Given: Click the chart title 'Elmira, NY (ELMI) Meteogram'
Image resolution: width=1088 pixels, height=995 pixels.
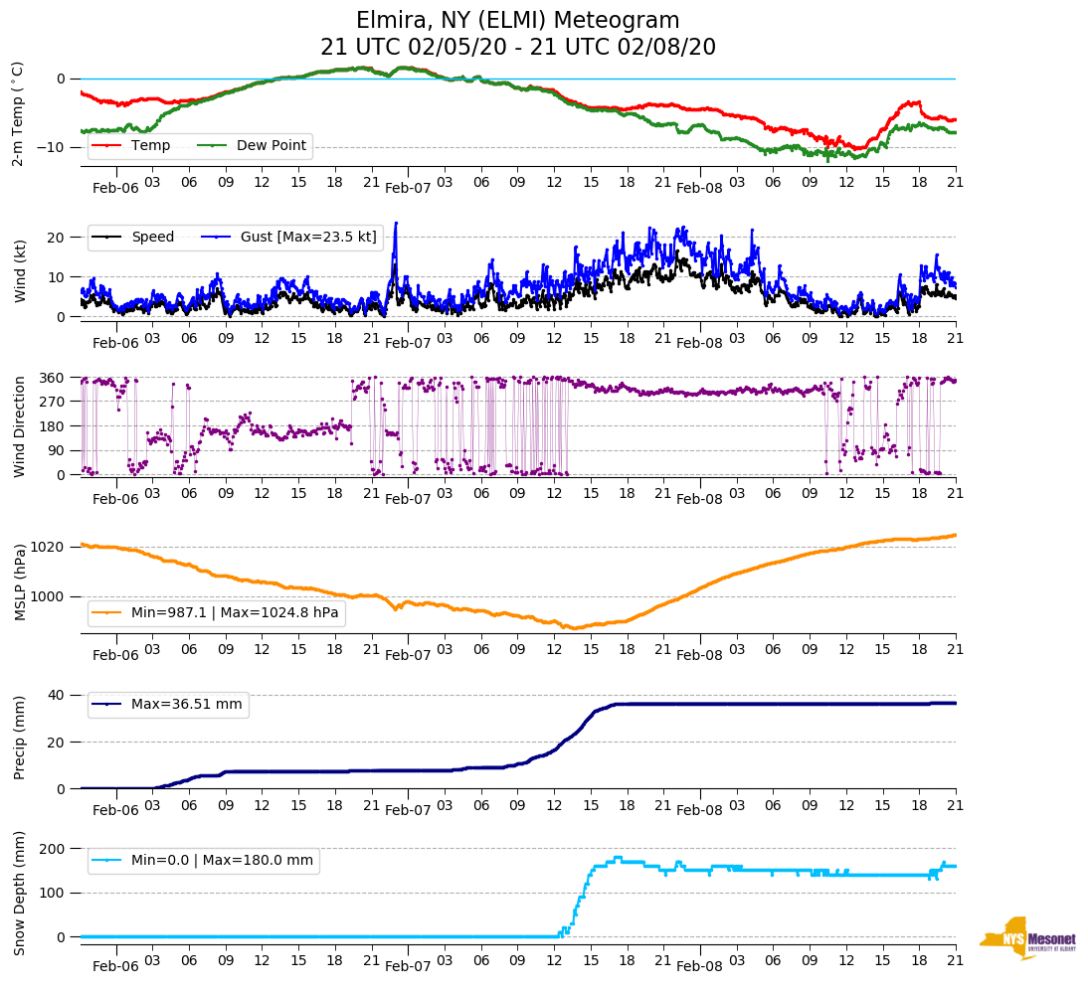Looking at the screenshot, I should [517, 21].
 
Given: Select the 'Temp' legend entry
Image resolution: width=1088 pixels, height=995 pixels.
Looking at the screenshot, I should [150, 146].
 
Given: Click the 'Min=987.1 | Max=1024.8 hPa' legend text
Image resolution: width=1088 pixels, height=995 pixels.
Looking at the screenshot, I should [235, 613].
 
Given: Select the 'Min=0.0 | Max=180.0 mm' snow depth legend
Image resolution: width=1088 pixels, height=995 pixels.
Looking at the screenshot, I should [222, 861].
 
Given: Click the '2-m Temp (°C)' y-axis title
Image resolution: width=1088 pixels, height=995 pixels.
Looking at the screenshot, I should [18, 113].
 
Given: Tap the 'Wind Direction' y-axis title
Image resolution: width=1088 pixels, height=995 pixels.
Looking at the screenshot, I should [19, 425].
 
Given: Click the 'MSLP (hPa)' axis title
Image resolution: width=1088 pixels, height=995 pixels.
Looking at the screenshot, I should [19, 581].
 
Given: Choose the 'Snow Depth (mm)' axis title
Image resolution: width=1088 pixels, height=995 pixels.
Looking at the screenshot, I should [19, 894].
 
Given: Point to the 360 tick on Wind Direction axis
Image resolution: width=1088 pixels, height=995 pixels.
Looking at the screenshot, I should [53, 378].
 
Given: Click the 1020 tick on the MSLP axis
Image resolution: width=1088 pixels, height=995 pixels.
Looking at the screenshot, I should [49, 547].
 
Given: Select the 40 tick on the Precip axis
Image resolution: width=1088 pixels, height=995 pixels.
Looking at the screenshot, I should [57, 695].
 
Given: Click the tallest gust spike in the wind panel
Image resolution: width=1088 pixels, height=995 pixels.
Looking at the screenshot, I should [396, 224].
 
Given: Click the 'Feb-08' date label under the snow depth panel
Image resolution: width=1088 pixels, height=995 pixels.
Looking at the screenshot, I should [699, 966].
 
